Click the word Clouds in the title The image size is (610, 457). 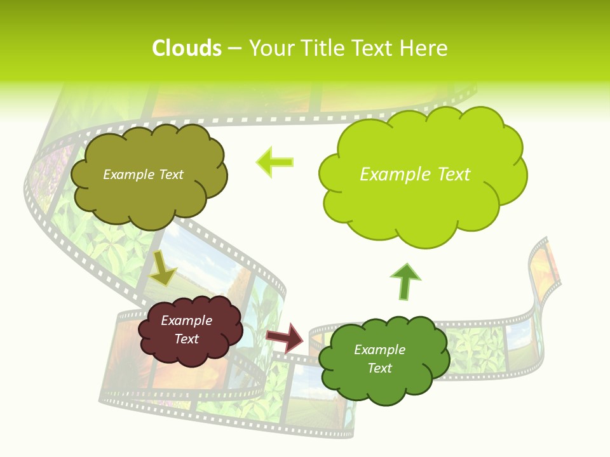(x=187, y=48)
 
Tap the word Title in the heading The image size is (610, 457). (x=325, y=48)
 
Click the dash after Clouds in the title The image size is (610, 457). (x=234, y=49)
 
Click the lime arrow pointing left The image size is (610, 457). (x=275, y=162)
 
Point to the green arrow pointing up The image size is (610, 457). (x=405, y=282)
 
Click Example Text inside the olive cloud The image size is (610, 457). (x=143, y=175)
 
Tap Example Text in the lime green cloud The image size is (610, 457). (x=415, y=175)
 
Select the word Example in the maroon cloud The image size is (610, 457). (x=186, y=321)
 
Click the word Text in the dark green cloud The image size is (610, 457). (x=379, y=368)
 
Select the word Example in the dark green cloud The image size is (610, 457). (x=379, y=350)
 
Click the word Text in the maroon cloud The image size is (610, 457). (x=186, y=339)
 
